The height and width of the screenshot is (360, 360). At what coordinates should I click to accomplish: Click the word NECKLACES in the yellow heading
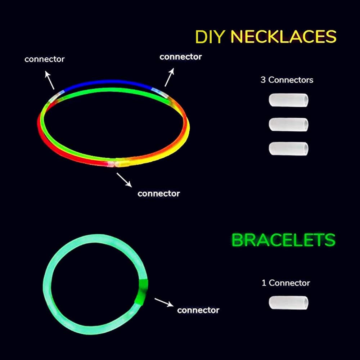point(283,37)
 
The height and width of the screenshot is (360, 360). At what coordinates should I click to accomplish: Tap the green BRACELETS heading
point(283,240)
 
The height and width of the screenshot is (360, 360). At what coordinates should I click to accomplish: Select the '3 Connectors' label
point(287,80)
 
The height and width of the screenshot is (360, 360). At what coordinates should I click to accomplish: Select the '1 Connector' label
point(285,283)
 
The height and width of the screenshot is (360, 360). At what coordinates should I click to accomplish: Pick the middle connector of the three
point(288,124)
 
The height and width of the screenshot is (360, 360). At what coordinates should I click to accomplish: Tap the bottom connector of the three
point(288,148)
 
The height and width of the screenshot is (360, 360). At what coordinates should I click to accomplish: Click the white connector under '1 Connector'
point(288,302)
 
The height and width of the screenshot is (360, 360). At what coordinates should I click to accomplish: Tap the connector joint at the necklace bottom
point(115,163)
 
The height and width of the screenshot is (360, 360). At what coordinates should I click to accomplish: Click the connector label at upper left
point(44,59)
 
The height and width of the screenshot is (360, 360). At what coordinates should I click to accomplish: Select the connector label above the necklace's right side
point(180,57)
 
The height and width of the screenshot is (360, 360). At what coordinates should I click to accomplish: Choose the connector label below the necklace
point(158,194)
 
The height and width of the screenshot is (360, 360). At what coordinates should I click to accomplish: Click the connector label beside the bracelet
point(198,310)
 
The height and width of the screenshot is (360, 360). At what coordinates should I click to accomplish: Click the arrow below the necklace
point(124,180)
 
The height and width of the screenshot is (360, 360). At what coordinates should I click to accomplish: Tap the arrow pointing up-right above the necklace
point(169,76)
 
